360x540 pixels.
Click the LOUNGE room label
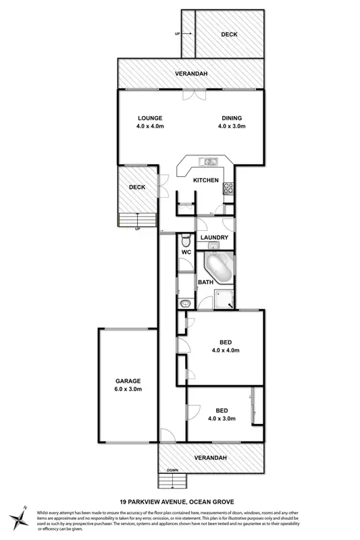pos(150,117)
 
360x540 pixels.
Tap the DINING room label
pos(231,117)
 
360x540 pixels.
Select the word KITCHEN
pos(205,180)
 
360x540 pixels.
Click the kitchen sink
pos(209,161)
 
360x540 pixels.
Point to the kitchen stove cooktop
pos(228,188)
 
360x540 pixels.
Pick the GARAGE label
pos(127,381)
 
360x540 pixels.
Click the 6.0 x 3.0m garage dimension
pos(127,390)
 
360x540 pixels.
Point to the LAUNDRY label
pos(213,238)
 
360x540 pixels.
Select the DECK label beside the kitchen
pos(137,188)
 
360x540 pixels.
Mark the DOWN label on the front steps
pos(173,470)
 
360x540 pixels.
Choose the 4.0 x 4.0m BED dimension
pos(226,350)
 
